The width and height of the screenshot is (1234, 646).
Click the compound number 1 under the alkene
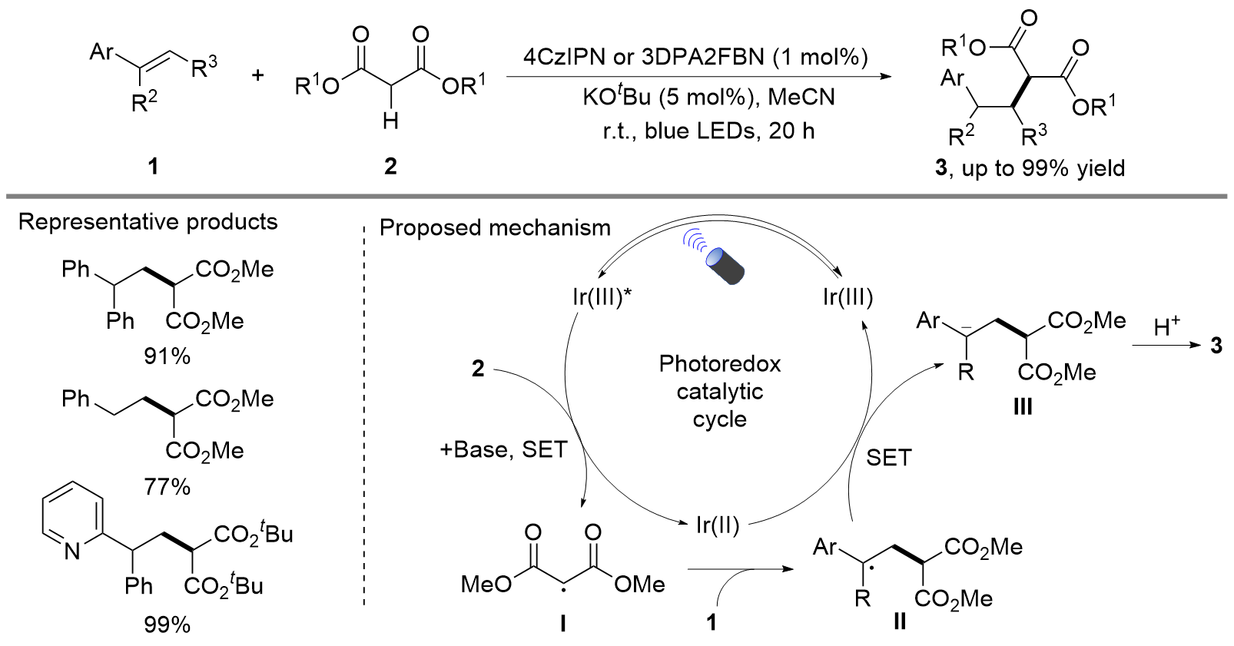(x=153, y=166)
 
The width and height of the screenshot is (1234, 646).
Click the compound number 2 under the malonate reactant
(x=390, y=166)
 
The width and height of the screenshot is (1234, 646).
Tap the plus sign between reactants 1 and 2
(x=257, y=75)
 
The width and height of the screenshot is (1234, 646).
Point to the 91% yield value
(x=167, y=356)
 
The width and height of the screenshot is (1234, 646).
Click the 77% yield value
(x=167, y=486)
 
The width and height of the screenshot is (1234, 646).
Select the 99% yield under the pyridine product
(x=167, y=624)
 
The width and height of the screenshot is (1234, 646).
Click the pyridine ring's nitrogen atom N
(x=72, y=551)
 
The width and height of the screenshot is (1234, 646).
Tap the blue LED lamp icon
(x=725, y=265)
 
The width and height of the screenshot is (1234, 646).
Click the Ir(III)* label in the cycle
(x=602, y=296)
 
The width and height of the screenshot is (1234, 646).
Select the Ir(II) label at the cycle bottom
(x=717, y=525)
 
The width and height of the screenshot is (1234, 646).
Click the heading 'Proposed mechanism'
(x=495, y=228)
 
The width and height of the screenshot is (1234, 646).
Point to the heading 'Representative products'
(x=148, y=222)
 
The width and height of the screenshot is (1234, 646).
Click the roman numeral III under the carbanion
(x=1022, y=406)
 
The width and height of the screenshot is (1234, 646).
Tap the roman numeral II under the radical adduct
(x=900, y=621)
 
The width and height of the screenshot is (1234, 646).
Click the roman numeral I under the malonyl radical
(x=562, y=623)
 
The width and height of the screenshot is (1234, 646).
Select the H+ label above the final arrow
(x=1166, y=327)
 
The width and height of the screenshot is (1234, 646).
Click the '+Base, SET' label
(x=503, y=449)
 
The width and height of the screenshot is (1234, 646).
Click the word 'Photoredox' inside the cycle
(x=719, y=363)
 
